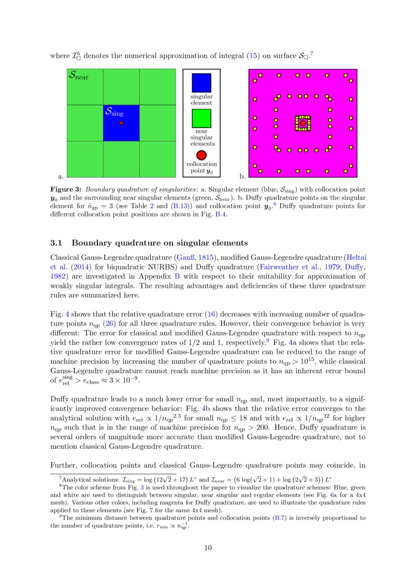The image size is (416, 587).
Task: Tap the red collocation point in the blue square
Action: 121,123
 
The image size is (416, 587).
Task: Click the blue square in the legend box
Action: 201,83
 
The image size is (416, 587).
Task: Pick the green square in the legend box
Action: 201,119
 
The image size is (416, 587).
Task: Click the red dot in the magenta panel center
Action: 302,123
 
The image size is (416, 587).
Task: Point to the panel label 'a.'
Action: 61,176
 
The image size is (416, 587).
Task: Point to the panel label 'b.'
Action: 242,176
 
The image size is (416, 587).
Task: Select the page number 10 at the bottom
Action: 208,547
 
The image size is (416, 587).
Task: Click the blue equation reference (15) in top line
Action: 254,56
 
